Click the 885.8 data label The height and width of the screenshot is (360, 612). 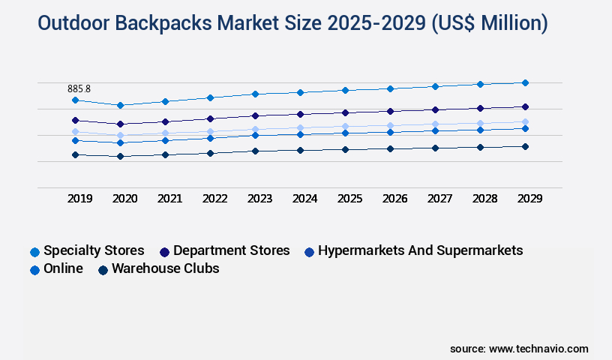tap(79, 88)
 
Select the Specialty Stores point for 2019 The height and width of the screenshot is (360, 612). tap(75, 100)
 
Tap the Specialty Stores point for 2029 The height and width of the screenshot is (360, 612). tap(525, 82)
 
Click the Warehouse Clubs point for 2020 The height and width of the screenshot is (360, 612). tap(120, 156)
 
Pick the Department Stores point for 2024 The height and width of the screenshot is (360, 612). tap(300, 114)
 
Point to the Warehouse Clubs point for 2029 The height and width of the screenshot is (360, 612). tap(525, 146)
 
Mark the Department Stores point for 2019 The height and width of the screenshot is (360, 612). tap(75, 120)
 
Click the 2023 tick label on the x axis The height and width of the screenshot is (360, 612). tap(259, 199)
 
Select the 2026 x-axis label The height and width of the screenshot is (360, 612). tap(394, 199)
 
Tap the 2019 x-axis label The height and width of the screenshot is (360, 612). tap(79, 199)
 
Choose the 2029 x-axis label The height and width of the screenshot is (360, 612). tap(529, 199)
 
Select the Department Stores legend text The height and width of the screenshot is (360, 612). tap(231, 250)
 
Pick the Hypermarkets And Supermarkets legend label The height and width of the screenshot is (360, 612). tap(420, 250)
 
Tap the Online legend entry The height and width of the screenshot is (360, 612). tap(63, 268)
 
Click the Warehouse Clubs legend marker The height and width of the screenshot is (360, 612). tap(103, 269)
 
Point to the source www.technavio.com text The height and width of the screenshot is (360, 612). tap(519, 349)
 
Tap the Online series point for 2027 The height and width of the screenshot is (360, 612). tap(435, 130)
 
